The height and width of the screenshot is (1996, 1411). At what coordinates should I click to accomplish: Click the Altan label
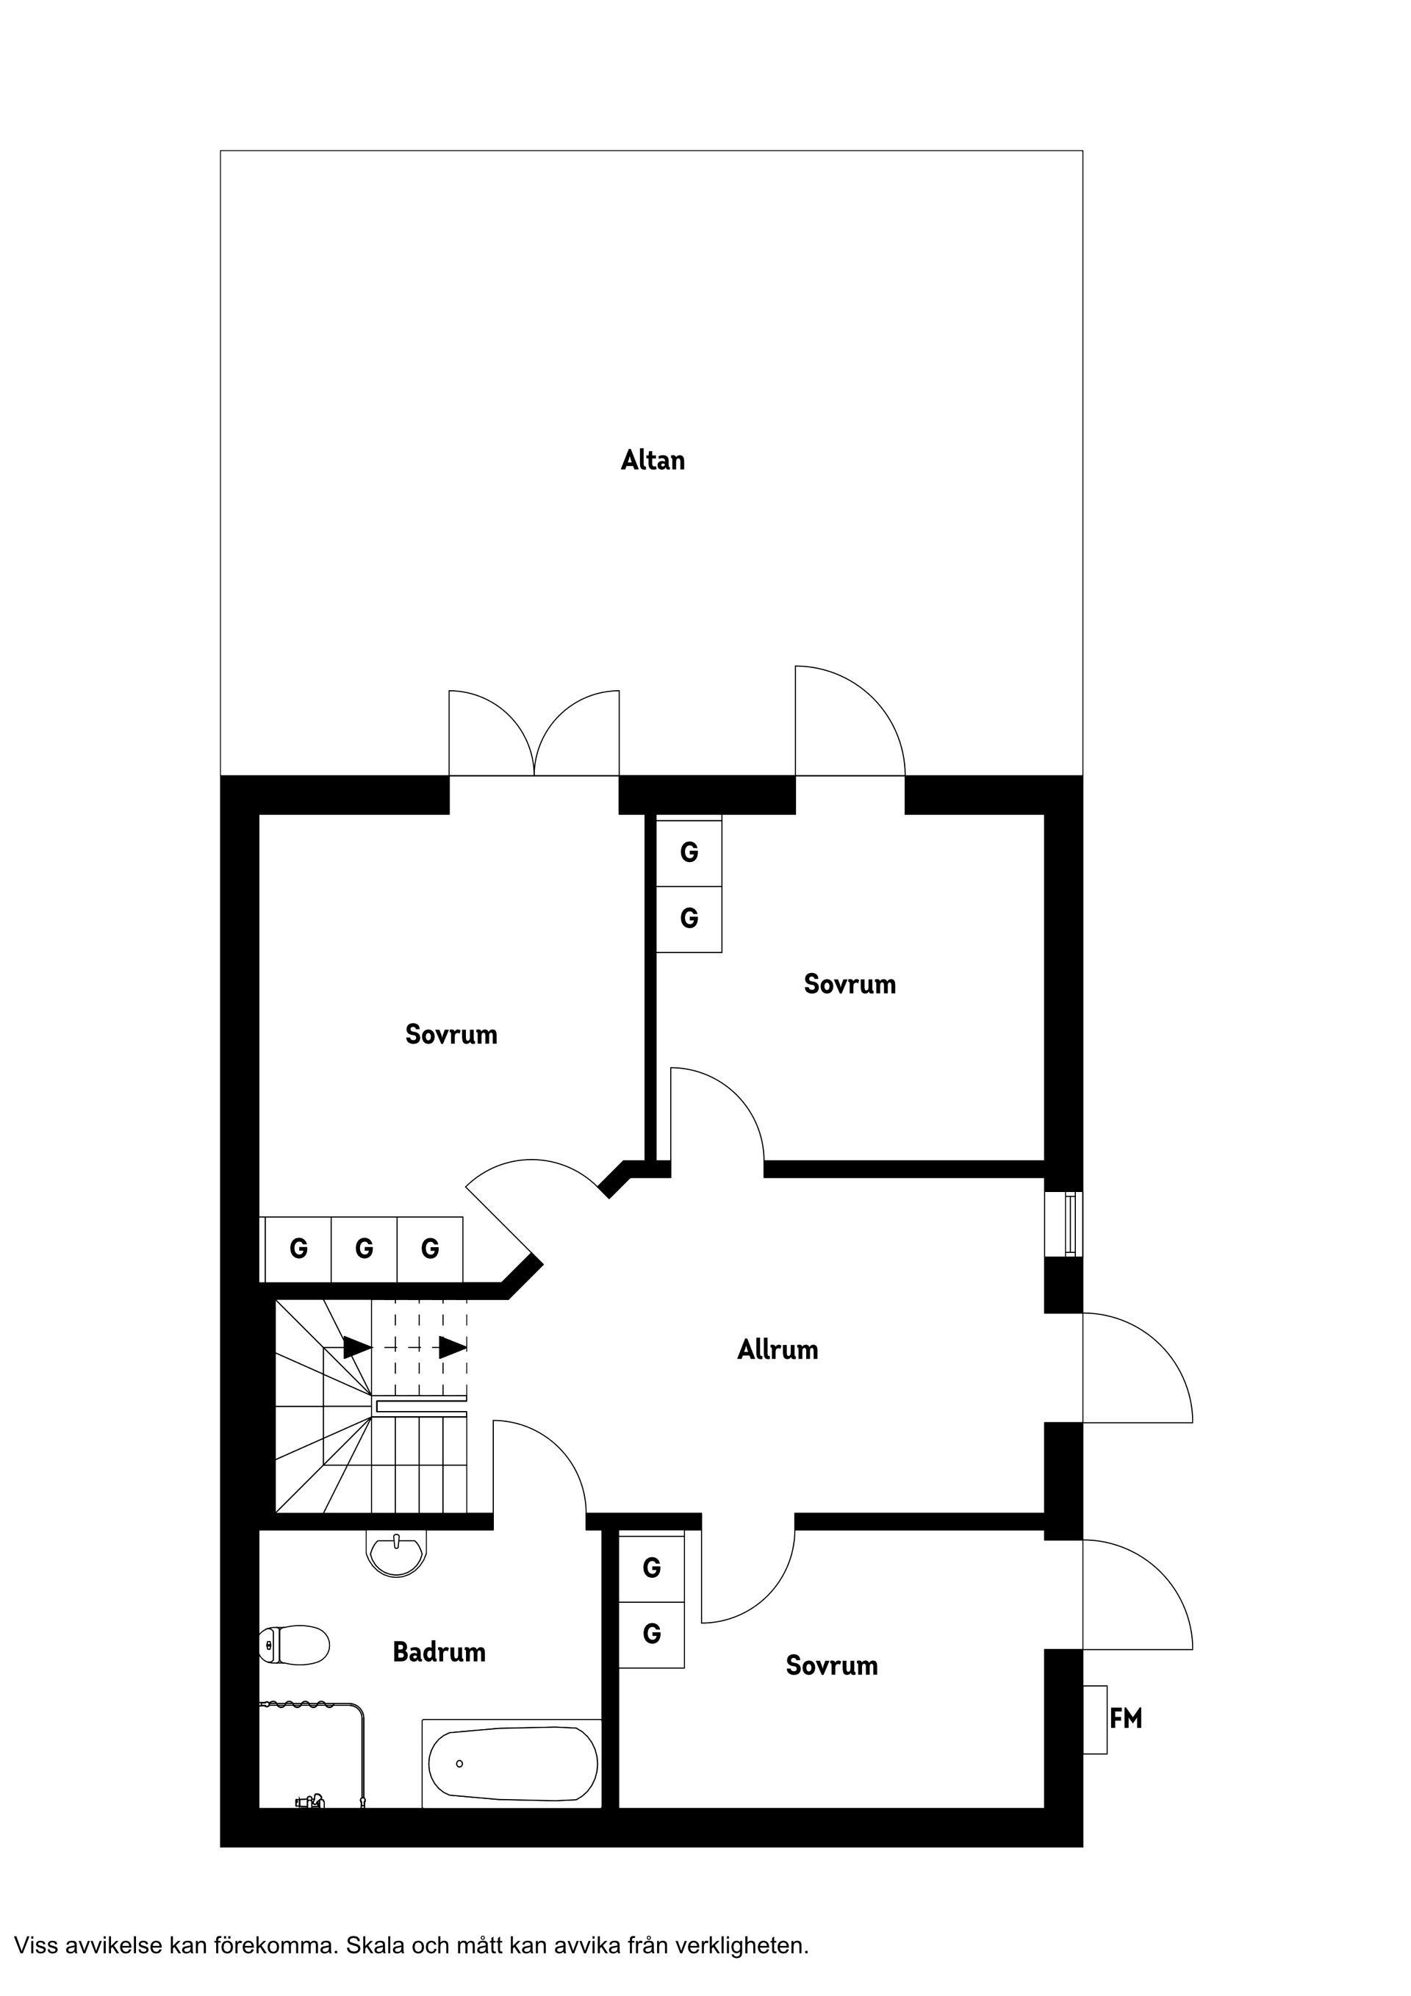tap(652, 460)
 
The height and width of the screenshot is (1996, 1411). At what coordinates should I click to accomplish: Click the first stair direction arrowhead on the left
tap(356, 1348)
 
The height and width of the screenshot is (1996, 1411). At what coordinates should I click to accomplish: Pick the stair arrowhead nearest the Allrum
tap(452, 1348)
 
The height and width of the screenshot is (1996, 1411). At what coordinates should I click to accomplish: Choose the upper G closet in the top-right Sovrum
tap(689, 852)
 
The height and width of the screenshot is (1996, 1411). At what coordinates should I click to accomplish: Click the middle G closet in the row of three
tap(365, 1249)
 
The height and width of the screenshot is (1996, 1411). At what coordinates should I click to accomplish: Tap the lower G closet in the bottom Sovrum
tap(651, 1634)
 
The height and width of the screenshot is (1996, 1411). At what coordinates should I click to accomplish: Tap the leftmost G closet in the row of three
tap(298, 1249)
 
